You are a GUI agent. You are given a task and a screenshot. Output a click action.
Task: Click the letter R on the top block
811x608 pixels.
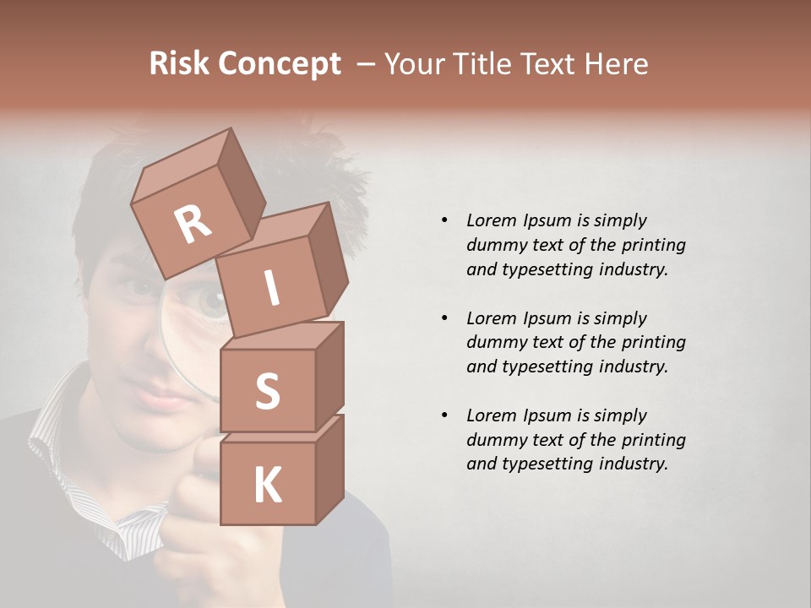[193, 225]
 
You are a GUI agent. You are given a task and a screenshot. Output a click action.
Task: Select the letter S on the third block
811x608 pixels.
[267, 392]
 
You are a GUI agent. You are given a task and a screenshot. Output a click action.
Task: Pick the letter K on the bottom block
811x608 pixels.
[267, 486]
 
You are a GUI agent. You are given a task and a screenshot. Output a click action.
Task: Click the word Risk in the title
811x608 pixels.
[181, 64]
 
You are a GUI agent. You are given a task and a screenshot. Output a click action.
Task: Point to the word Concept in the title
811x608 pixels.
[280, 64]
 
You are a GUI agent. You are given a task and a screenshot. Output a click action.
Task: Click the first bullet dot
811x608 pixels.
[444, 220]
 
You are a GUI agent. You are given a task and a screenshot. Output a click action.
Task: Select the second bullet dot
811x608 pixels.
[444, 318]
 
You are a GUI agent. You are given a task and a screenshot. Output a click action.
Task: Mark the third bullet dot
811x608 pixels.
[444, 415]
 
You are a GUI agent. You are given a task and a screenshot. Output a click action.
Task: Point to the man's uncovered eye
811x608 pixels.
[140, 288]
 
